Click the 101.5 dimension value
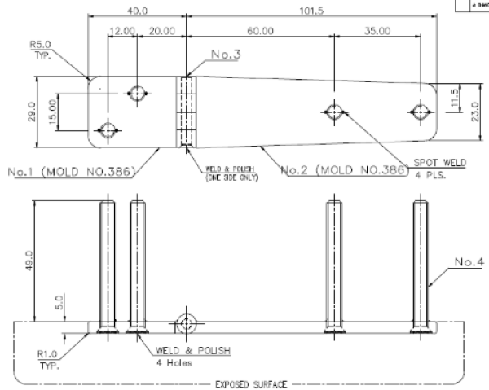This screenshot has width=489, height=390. tap(315, 11)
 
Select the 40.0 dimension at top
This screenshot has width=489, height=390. tap(139, 11)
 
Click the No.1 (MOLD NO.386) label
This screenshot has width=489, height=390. tap(72, 173)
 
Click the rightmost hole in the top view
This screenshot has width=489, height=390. tap(421, 112)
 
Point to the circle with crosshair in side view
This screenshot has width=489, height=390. tap(187, 323)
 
